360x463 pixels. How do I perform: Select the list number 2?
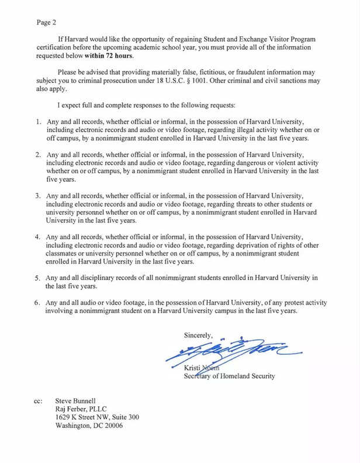(36, 155)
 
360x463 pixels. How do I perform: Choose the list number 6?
(36, 303)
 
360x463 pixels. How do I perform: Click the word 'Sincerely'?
(198, 335)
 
